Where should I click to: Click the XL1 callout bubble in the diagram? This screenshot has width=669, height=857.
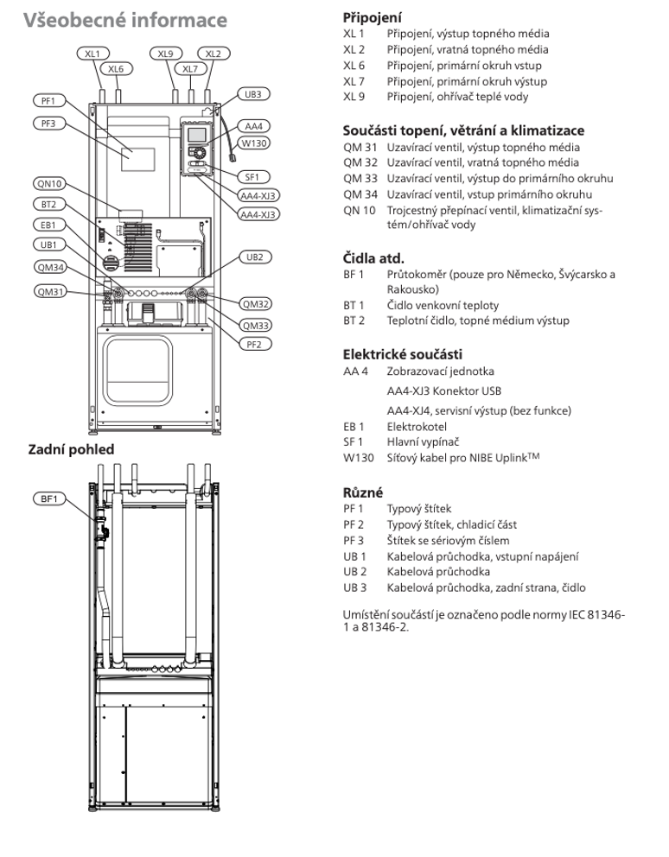(x=92, y=54)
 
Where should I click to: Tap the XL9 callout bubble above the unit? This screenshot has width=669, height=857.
(x=165, y=54)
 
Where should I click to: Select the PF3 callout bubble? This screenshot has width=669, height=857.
(x=48, y=124)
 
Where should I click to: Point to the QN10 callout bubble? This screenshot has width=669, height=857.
(x=49, y=184)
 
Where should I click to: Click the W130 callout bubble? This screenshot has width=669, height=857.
(x=254, y=143)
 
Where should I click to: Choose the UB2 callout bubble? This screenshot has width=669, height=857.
(x=255, y=257)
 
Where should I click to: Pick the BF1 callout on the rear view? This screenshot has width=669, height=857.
(x=48, y=498)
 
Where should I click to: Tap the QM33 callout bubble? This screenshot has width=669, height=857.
(x=256, y=326)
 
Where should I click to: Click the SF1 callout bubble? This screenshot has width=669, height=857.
(x=252, y=177)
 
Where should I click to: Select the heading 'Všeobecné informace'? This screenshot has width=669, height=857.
(x=124, y=20)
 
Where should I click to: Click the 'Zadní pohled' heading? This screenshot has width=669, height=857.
(x=71, y=449)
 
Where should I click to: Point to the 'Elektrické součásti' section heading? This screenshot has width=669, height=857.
(x=402, y=354)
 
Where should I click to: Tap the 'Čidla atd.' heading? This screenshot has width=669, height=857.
(x=373, y=258)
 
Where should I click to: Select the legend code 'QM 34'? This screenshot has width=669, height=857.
(x=360, y=194)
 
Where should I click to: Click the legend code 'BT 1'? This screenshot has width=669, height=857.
(x=354, y=305)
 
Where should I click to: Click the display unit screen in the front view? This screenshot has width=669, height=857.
(x=197, y=135)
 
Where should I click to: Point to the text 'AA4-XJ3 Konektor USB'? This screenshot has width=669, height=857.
(x=443, y=390)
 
